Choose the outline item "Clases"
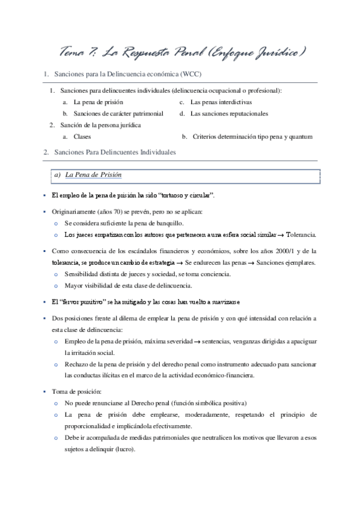(x=82, y=137)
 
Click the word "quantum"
(x=301, y=137)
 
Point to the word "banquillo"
(x=152, y=223)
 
